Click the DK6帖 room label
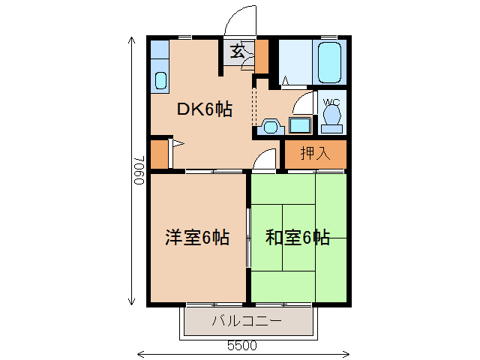pos(204,109)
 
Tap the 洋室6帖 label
pos(197,238)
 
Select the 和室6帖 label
pos(298,238)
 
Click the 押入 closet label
pos(315,154)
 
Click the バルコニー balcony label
pos(246,322)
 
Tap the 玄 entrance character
pos(237,52)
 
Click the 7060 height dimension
pos(138,171)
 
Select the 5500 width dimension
pos(242,346)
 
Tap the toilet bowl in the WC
pos(331,117)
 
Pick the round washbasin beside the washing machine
pos(271,126)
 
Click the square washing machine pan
pos(301,125)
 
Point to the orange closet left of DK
pos(159,154)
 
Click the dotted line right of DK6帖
pos(255,105)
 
